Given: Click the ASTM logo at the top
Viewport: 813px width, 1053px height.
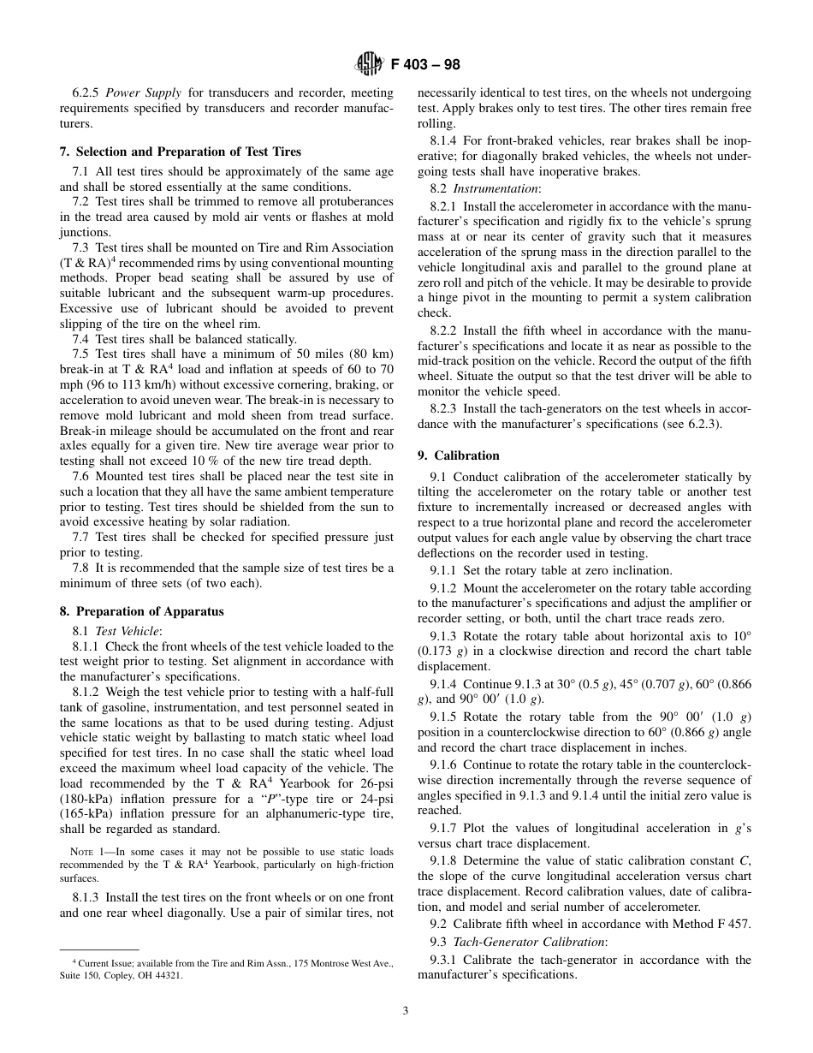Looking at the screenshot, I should (x=369, y=64).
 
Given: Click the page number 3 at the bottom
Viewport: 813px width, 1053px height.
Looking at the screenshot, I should (x=406, y=1010).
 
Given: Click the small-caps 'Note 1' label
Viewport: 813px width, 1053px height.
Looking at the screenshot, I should (x=87, y=851).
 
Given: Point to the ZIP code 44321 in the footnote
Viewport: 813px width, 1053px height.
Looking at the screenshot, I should (x=168, y=974).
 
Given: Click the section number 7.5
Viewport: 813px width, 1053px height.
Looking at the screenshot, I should (x=81, y=354).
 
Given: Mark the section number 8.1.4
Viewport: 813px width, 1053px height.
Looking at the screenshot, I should (x=447, y=140).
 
